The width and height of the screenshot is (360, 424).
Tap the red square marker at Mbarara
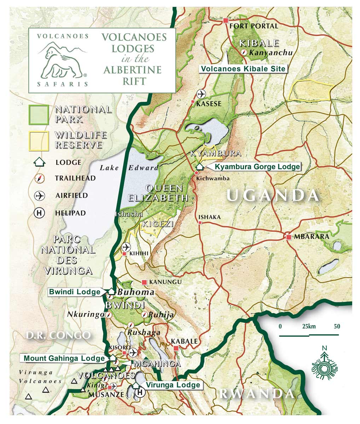point(289,237)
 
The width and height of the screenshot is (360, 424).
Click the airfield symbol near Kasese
point(201,94)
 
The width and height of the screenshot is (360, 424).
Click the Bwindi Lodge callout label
point(75,292)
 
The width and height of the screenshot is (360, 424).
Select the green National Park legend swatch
point(39,115)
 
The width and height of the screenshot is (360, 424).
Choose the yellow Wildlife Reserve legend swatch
point(39,141)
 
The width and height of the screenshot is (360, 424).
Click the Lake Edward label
point(129,168)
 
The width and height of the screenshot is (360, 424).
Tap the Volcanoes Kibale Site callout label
point(243,69)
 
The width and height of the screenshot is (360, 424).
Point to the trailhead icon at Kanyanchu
point(244,52)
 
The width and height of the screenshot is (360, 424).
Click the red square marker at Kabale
point(176,348)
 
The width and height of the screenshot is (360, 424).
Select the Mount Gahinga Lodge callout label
point(64,358)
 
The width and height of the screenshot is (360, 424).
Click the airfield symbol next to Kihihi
point(126,247)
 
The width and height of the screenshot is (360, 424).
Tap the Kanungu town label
point(165,282)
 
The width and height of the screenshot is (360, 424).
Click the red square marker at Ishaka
point(200,223)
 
